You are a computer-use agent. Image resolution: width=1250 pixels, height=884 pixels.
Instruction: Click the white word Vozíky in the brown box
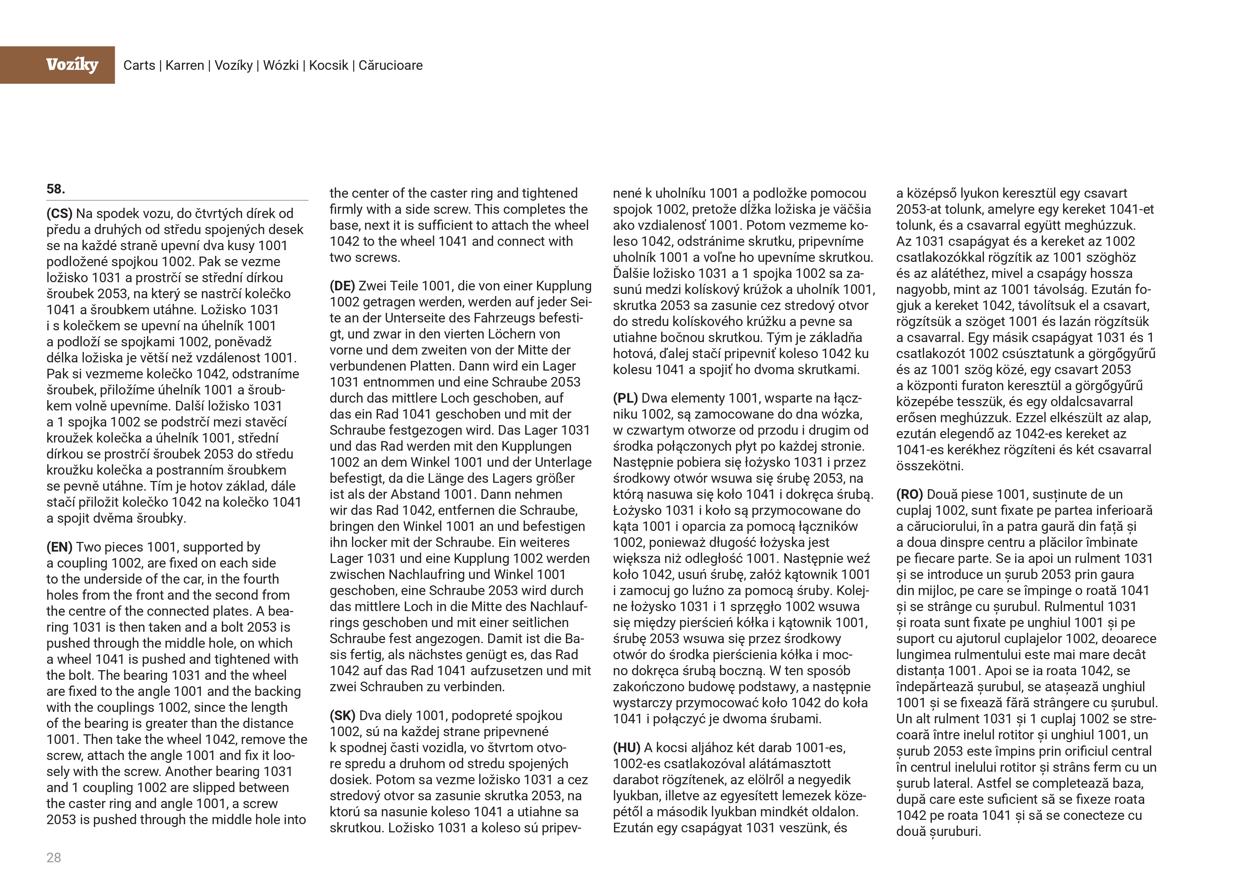(x=72, y=65)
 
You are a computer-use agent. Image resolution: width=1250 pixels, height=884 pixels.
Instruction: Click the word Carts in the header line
(x=139, y=65)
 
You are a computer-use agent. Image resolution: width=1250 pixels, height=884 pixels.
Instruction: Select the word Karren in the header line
(x=185, y=65)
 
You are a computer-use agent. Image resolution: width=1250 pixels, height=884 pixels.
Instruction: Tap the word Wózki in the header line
(x=280, y=65)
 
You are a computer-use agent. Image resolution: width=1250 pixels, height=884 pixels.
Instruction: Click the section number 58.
(x=56, y=189)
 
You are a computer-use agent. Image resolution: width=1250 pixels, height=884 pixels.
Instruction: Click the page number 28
(x=54, y=857)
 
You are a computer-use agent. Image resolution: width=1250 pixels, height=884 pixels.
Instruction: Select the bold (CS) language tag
(x=60, y=213)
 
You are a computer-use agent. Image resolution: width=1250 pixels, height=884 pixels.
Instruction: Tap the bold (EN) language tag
(x=60, y=547)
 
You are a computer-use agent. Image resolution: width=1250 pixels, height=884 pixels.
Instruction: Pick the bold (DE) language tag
(x=342, y=286)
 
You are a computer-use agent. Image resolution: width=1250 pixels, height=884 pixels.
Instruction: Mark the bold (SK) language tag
(x=342, y=715)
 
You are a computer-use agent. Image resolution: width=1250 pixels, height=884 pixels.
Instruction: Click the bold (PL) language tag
(x=626, y=398)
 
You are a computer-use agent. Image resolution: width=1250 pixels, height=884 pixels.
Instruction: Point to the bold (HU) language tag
(x=627, y=748)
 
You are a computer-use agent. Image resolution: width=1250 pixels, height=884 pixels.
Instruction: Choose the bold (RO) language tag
(x=910, y=494)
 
